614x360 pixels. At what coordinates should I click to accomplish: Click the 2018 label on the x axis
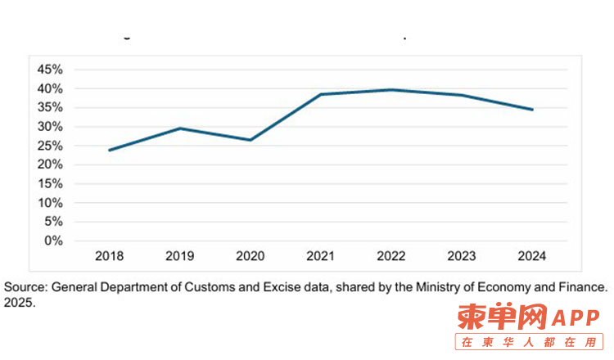click(x=109, y=256)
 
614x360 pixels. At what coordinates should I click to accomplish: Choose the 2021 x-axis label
click(x=320, y=256)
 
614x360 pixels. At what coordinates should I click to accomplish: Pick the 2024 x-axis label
click(x=532, y=256)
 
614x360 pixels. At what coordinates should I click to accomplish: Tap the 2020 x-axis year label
click(x=250, y=256)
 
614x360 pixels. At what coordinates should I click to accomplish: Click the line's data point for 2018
click(x=109, y=150)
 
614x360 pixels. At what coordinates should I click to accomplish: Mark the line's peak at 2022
click(x=391, y=90)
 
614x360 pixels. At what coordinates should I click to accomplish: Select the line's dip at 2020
click(x=250, y=140)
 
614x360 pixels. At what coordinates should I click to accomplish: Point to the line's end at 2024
click(x=533, y=110)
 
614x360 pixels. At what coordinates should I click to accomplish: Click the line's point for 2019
click(x=179, y=128)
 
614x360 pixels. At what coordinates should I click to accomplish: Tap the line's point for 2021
click(x=320, y=94)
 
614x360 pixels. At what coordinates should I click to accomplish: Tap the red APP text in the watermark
click(x=566, y=317)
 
